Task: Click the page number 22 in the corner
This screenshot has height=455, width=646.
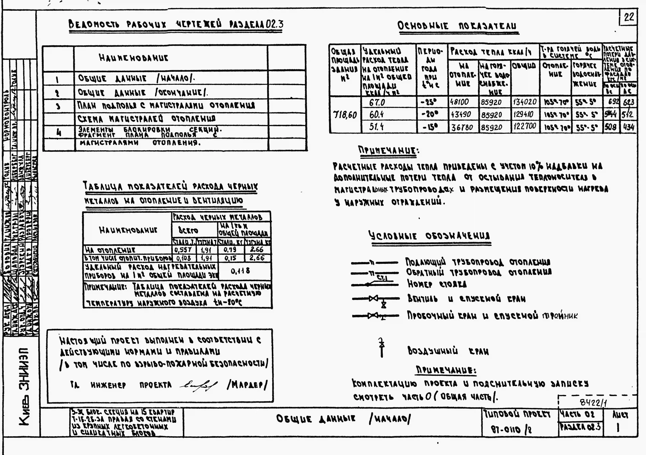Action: [629, 17]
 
